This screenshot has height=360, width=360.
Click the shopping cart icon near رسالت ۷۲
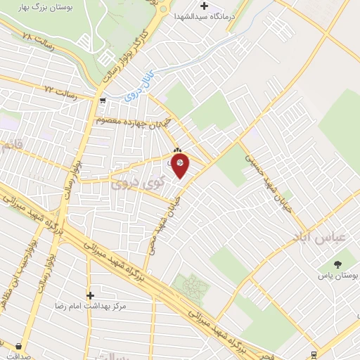103,100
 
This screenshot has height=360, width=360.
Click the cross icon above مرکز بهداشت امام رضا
90,295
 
